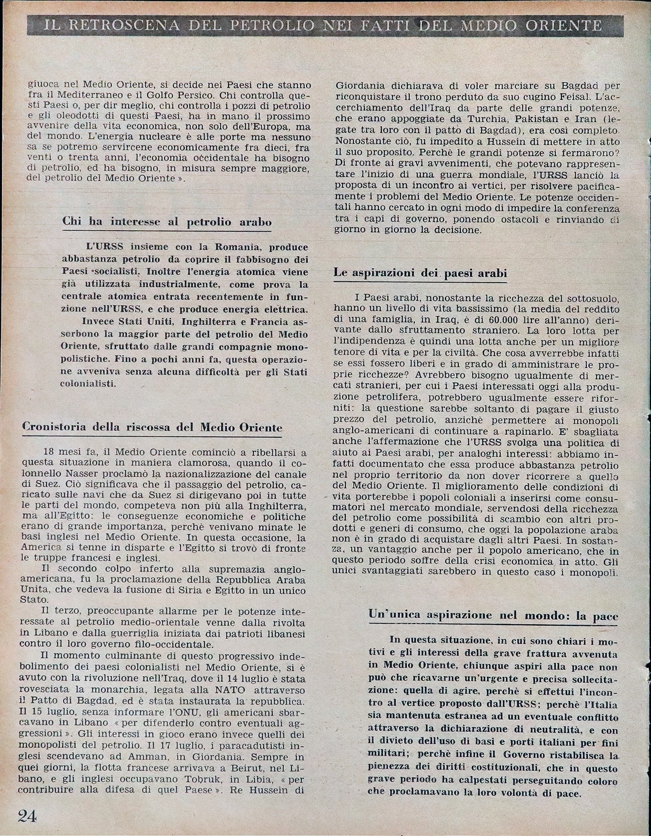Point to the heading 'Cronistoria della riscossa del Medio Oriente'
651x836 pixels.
(152, 427)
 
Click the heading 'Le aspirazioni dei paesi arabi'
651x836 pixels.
(420, 273)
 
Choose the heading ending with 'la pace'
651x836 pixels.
(493, 615)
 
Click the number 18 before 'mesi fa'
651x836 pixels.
(49, 452)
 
